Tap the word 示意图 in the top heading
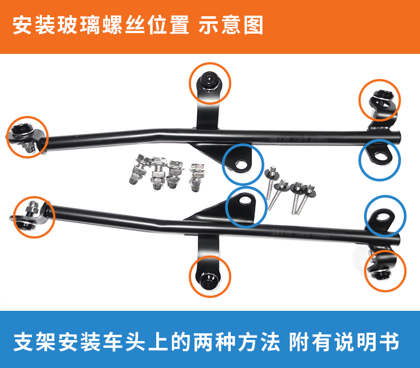coord(231,26)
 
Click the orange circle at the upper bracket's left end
coord(27,136)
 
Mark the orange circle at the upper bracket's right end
coord(380,99)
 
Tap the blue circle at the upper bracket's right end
coord(380,159)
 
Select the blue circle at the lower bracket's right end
coord(385,215)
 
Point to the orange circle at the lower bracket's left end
coord(34,216)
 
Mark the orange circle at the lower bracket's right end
coord(385,271)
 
